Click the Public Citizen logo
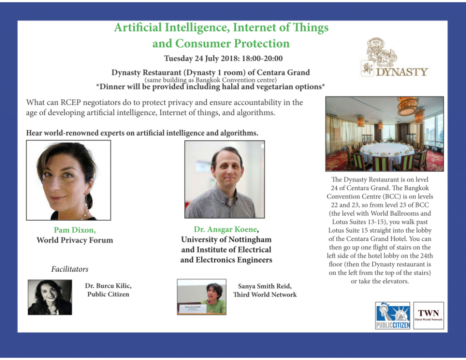[393, 315]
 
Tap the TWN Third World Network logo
[429, 315]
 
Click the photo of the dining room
[385, 134]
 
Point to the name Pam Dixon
[75, 230]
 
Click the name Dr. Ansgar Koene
[226, 229]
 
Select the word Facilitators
[70, 269]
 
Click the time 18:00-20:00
[262, 58]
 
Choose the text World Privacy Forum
[75, 240]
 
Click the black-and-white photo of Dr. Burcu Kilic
[50, 297]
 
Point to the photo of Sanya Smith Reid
[202, 297]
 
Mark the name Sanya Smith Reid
[265, 286]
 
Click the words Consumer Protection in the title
[232, 43]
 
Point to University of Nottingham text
[226, 239]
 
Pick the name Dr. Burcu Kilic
[108, 286]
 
